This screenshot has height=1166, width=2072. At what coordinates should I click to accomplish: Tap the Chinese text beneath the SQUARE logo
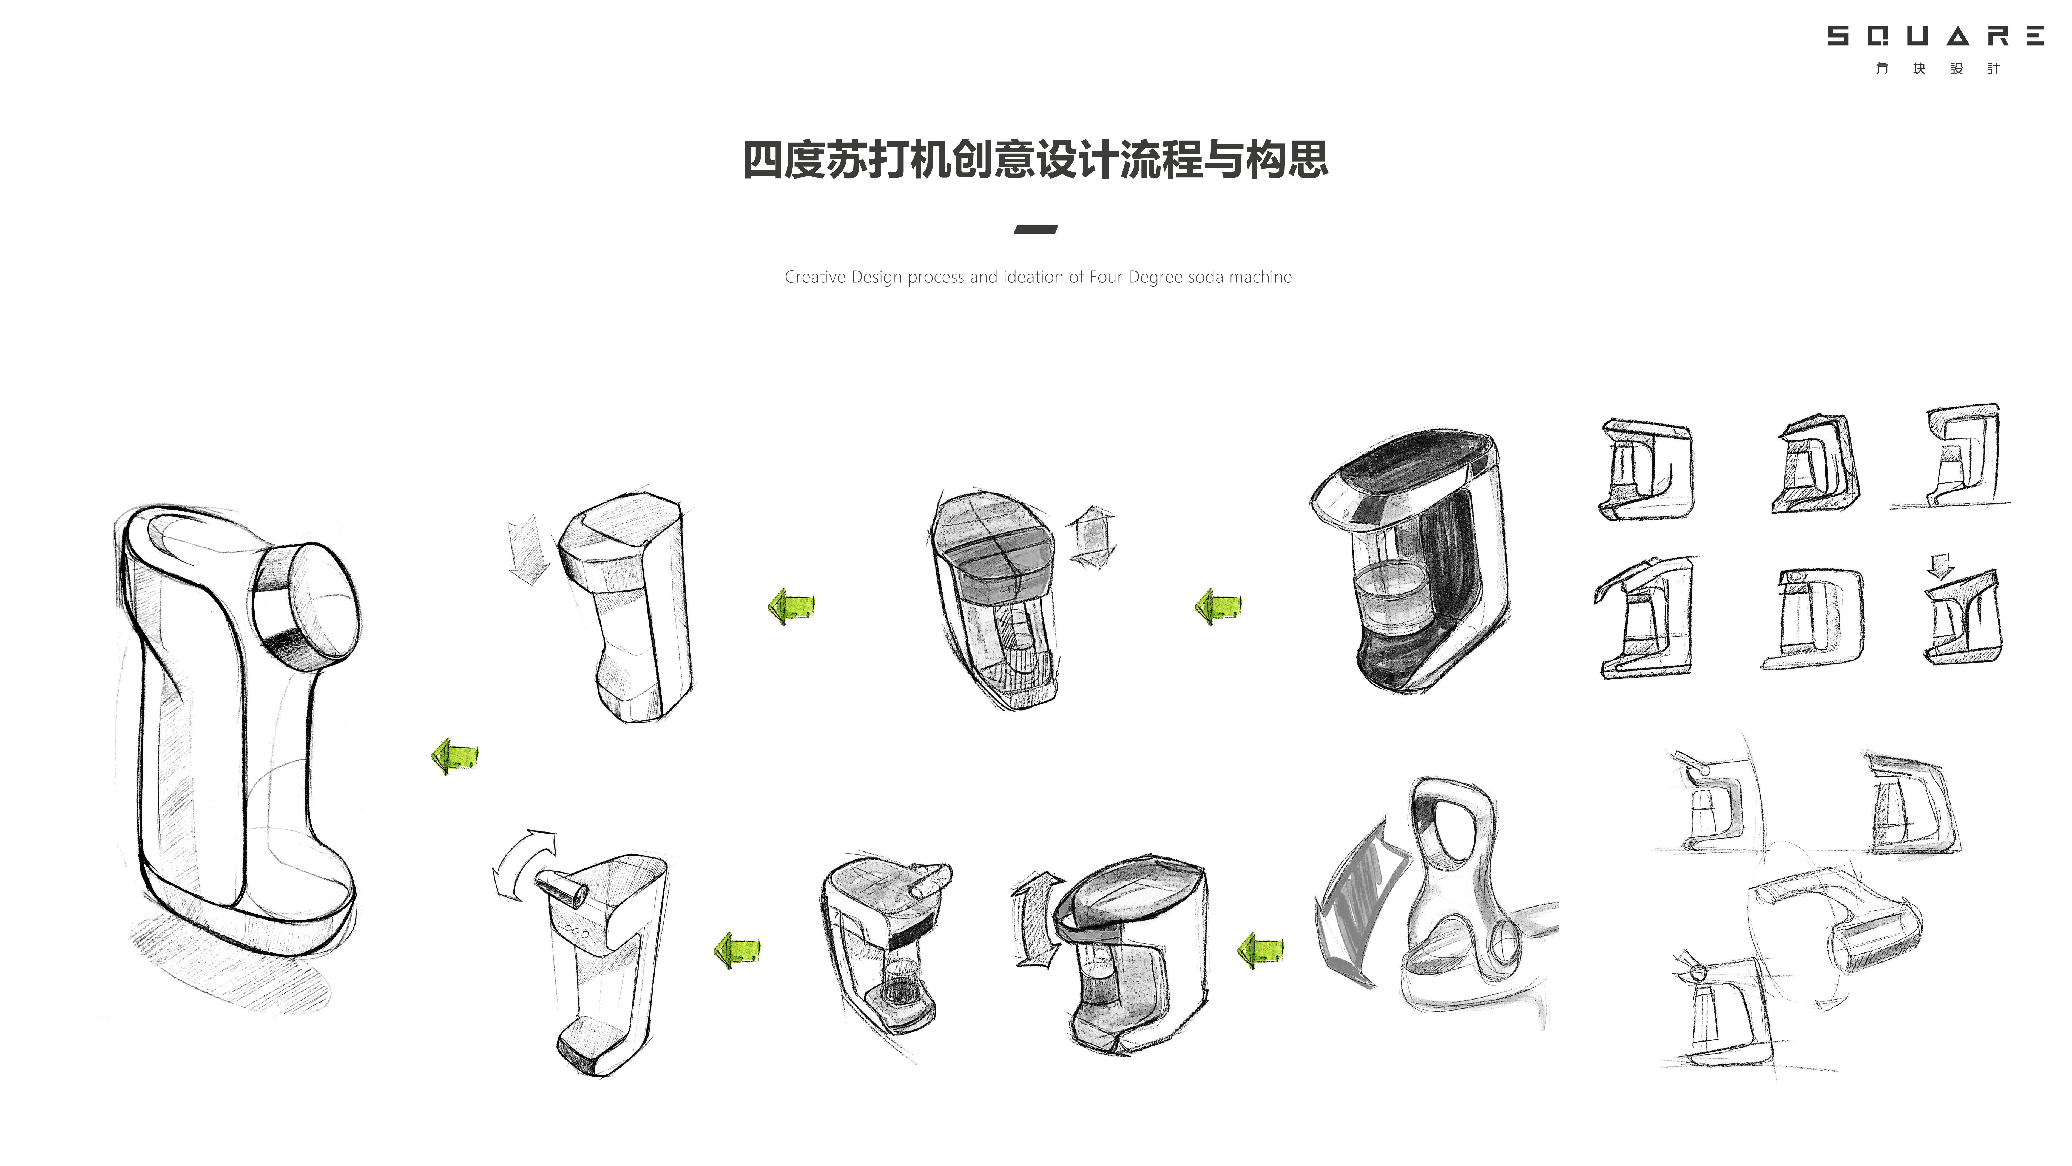tap(1937, 68)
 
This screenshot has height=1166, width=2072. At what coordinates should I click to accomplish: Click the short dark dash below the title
tap(1035, 229)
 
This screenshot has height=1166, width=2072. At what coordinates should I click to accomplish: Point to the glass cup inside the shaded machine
tap(1392, 595)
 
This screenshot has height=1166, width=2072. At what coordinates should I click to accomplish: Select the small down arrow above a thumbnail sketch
tap(1941, 565)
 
